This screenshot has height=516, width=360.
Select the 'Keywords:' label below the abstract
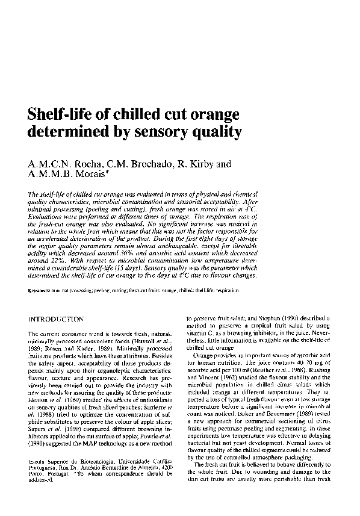[40, 290]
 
